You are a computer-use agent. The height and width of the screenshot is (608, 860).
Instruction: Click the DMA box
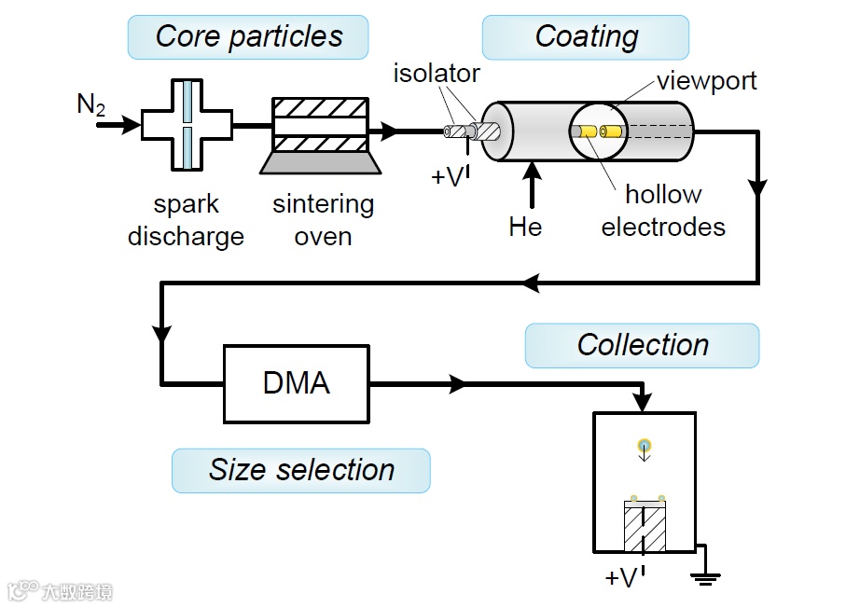297,382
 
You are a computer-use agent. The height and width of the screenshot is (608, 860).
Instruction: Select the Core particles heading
248,37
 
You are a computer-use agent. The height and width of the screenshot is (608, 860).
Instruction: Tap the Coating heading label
586,37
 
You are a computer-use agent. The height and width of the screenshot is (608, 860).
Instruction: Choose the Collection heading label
642,345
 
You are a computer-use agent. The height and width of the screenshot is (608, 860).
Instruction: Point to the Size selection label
300,470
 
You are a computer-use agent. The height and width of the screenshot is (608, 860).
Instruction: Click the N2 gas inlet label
90,105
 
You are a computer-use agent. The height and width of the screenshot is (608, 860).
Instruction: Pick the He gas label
525,227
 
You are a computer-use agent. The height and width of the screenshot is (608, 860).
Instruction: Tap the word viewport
706,80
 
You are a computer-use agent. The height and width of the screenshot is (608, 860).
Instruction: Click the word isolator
437,73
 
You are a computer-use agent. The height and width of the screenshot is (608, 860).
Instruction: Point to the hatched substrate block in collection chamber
645,529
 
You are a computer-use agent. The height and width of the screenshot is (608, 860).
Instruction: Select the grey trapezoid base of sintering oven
321,162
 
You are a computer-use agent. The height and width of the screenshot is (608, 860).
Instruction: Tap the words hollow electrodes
663,210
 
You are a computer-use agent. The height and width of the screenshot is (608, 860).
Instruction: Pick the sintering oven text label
323,219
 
